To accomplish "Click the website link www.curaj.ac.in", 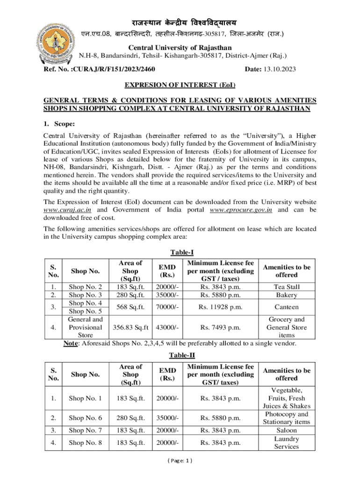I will coord(63,210).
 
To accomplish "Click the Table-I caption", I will coord(180,252).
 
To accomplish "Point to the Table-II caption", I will coord(180,355).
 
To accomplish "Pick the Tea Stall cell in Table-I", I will coord(286,287).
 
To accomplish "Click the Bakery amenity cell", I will coord(286,295).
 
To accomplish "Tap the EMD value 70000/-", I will coord(167,307).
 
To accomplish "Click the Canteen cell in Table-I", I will coord(286,307).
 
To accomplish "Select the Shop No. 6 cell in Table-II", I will coord(85,418).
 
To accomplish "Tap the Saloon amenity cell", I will coord(286,430).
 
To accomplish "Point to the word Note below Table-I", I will coord(71,344).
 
